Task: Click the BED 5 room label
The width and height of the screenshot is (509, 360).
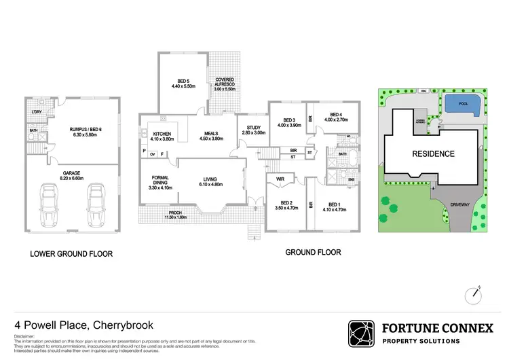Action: click(183, 82)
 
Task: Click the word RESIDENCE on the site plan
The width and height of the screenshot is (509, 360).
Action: click(433, 154)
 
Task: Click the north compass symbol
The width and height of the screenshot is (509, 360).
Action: click(474, 293)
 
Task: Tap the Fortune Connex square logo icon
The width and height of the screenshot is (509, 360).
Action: click(360, 334)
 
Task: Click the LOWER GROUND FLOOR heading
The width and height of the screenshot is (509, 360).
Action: click(71, 254)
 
